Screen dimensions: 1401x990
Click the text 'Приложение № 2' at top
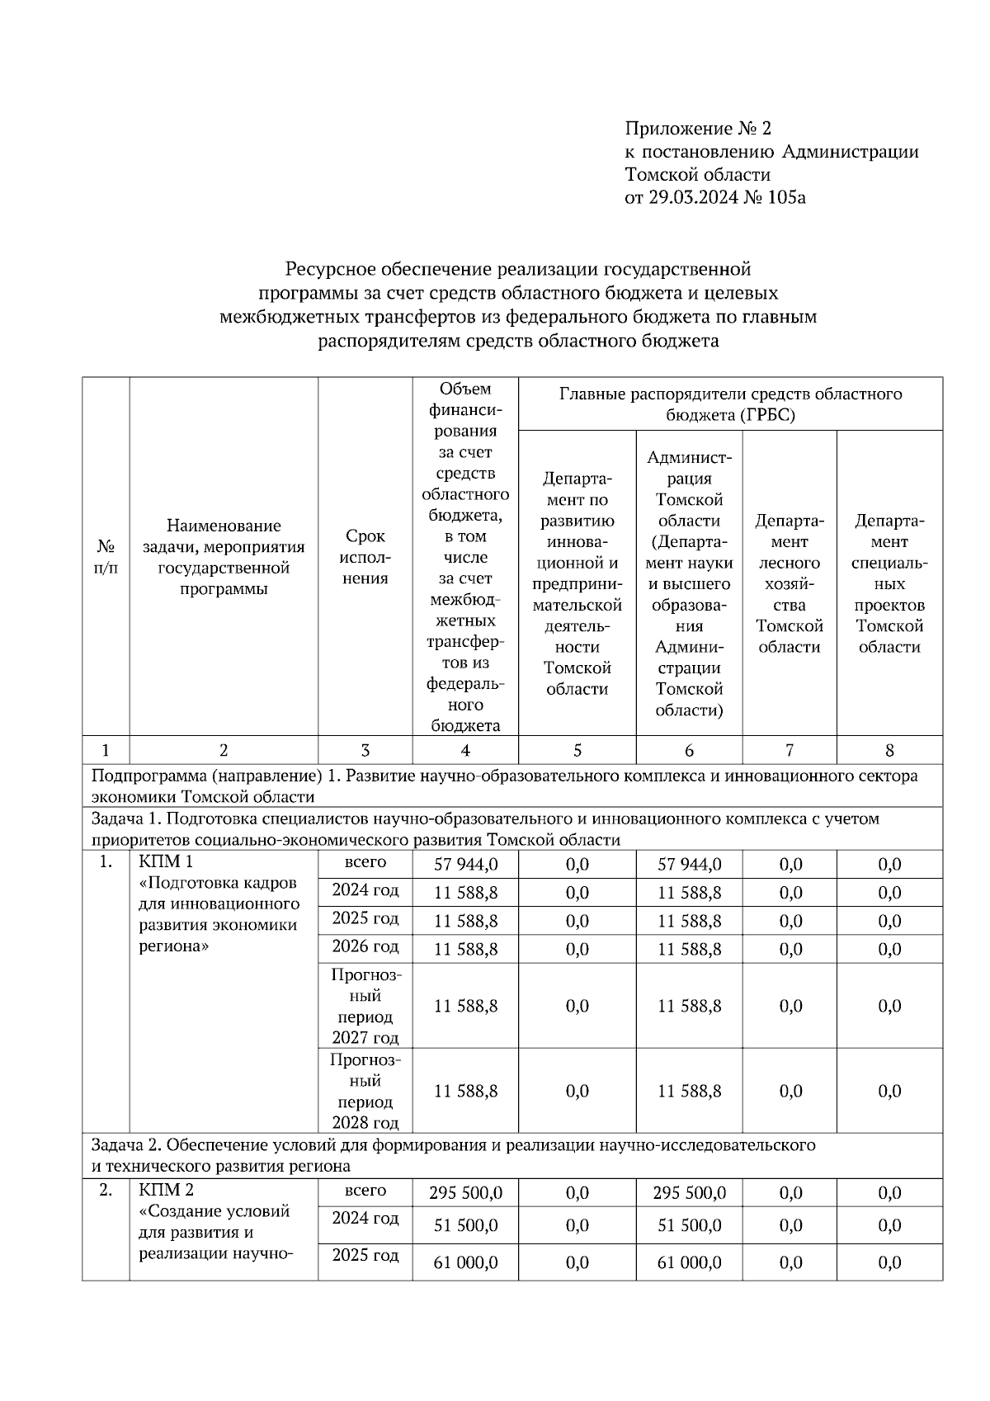tap(698, 129)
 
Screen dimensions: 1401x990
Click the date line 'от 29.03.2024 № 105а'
tap(714, 197)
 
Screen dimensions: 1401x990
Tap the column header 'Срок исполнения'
tap(365, 557)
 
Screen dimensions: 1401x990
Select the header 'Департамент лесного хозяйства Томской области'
tap(790, 583)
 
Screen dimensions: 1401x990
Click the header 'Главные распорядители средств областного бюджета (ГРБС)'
tap(730, 404)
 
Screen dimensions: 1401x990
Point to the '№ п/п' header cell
tap(106, 557)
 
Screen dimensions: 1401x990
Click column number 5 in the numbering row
tap(577, 750)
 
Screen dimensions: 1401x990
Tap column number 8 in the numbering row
tap(889, 750)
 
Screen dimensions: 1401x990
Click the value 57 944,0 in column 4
tap(466, 864)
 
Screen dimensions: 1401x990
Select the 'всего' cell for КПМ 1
tap(365, 862)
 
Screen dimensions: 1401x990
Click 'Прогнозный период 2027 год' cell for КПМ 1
tap(365, 1006)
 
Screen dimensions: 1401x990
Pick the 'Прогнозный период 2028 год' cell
tap(365, 1091)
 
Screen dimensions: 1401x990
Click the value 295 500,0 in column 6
tap(689, 1193)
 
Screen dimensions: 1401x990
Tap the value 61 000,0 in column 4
tap(466, 1262)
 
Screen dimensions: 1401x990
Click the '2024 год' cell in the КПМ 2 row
tap(365, 1219)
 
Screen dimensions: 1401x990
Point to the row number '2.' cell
tap(106, 1191)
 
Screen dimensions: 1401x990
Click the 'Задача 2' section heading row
tap(453, 1155)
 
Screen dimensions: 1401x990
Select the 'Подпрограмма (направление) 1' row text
tap(503, 786)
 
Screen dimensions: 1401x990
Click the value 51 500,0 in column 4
tap(466, 1226)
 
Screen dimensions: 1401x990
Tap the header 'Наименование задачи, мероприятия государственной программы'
tap(224, 557)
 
